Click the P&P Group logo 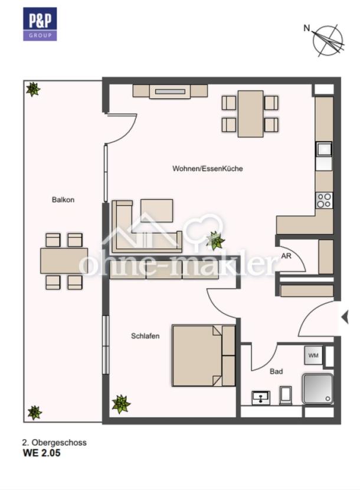[x=40, y=24]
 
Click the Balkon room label [x=63, y=200]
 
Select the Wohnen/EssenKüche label [x=208, y=168]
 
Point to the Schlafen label [x=145, y=336]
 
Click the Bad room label [x=276, y=371]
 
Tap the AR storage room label [x=286, y=256]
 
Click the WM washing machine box [x=313, y=355]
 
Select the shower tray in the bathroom [x=318, y=388]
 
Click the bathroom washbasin [x=261, y=398]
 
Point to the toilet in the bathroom [x=286, y=396]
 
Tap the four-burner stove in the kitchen [x=324, y=201]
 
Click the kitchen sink [x=324, y=149]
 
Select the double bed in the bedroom [x=204, y=355]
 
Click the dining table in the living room [x=250, y=114]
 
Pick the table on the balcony [x=64, y=260]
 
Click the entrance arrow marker [x=345, y=318]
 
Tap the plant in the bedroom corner [x=121, y=404]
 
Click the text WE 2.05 [x=41, y=453]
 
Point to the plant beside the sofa [x=215, y=240]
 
